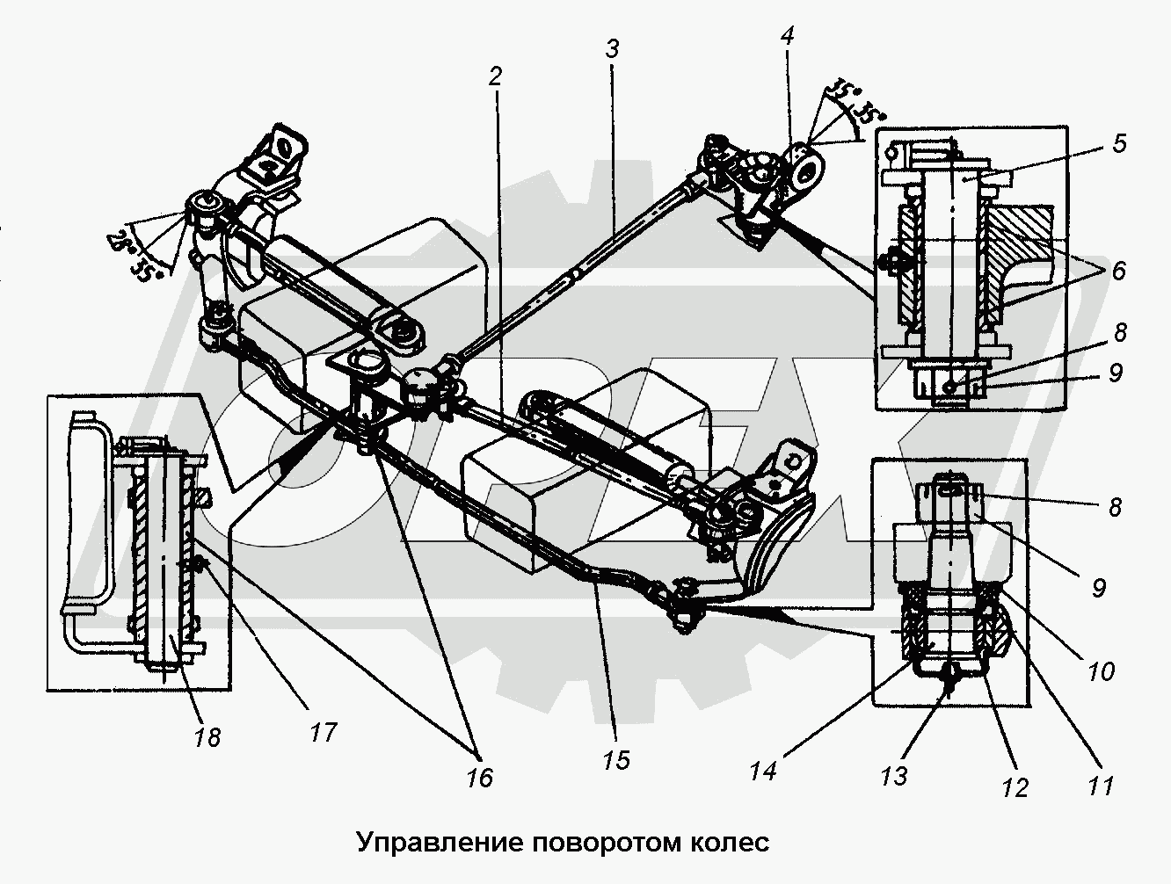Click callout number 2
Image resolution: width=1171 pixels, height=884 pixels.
(495, 77)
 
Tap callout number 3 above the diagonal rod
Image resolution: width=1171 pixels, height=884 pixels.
(612, 50)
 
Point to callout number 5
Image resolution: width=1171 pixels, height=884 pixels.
(1117, 142)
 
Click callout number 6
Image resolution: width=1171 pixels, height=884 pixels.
(1117, 271)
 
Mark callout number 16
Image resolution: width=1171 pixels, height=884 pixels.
(480, 777)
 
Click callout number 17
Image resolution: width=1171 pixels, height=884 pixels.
(323, 730)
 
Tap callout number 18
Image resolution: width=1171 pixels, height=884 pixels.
(207, 735)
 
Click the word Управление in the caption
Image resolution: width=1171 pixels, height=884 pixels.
(440, 843)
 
